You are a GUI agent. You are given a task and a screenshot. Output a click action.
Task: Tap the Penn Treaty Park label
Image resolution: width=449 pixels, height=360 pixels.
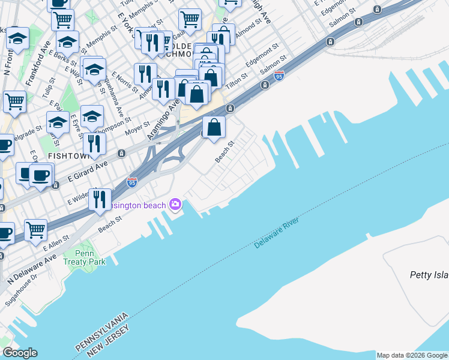(x=85, y=257)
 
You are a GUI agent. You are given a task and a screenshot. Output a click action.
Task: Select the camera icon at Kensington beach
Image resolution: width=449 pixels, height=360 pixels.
(x=175, y=205)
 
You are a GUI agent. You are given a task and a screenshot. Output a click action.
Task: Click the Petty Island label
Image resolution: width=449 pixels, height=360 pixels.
(x=429, y=275)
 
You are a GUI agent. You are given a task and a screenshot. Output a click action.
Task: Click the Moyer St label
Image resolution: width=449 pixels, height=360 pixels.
(x=136, y=127)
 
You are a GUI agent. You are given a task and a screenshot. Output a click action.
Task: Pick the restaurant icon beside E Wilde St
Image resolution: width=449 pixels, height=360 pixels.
(x=100, y=199)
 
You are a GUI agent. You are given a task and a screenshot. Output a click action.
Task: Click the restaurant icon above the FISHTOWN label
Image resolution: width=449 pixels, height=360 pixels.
(x=94, y=144)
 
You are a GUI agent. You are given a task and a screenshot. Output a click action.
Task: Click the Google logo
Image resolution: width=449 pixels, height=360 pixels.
(x=20, y=353)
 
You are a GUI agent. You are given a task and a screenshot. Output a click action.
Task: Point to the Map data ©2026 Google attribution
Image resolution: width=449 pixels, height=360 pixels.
(x=411, y=355)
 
